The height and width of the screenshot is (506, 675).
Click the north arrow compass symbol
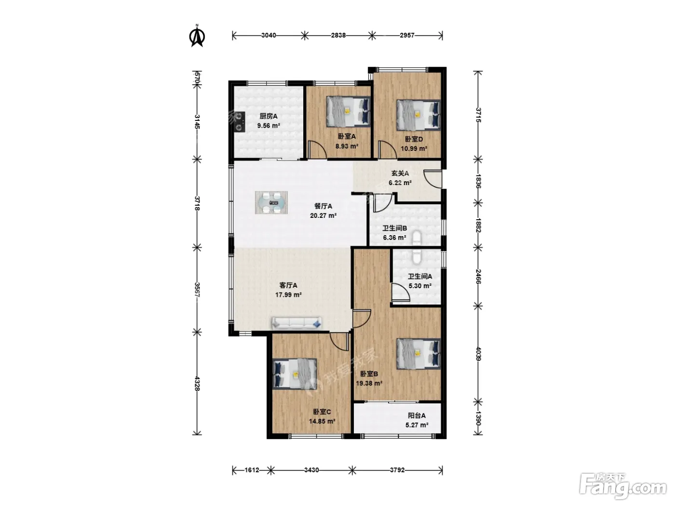click(197, 37)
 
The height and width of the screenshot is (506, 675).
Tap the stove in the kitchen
click(239, 122)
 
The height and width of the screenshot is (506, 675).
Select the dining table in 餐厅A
click(271, 202)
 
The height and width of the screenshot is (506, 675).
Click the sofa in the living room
click(297, 323)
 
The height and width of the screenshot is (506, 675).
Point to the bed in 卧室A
click(348, 111)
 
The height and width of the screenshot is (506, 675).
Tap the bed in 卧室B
click(418, 354)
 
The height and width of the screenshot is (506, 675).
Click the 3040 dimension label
click(269, 35)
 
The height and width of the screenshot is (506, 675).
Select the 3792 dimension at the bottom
click(397, 470)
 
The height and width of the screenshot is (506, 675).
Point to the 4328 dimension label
click(197, 384)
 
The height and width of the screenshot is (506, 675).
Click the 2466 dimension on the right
click(478, 276)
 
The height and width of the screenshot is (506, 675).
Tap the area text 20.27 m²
click(323, 216)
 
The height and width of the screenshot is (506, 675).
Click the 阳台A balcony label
click(417, 416)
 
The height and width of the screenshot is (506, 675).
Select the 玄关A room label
click(400, 173)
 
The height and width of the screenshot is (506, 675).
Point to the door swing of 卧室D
click(388, 150)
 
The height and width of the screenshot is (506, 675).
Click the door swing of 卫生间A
click(400, 292)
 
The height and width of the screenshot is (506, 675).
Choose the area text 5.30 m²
click(420, 286)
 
